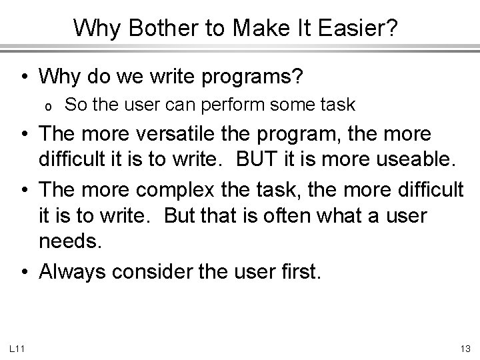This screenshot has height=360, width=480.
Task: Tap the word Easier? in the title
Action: (363, 27)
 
